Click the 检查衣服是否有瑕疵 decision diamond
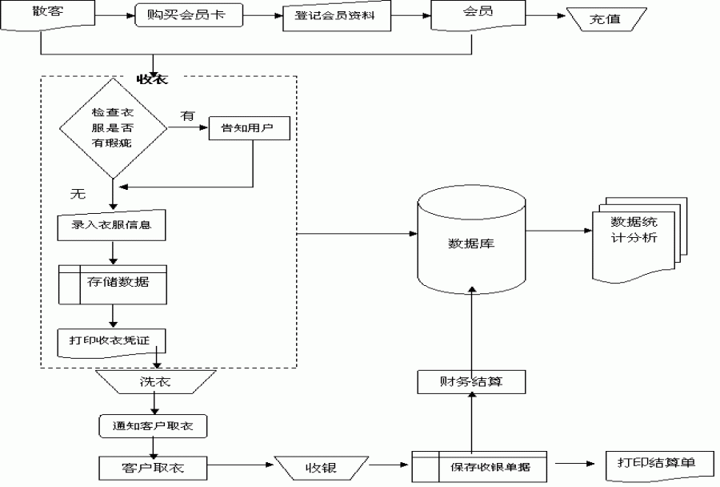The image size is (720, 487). (x=113, y=128)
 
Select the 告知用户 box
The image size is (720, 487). (x=248, y=129)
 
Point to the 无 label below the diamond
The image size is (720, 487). (x=78, y=194)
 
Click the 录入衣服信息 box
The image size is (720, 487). (x=113, y=227)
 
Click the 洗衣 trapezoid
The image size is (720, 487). (x=155, y=382)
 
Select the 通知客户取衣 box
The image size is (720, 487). (x=152, y=426)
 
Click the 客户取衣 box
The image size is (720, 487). (x=152, y=467)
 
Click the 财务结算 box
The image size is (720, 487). (x=471, y=381)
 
